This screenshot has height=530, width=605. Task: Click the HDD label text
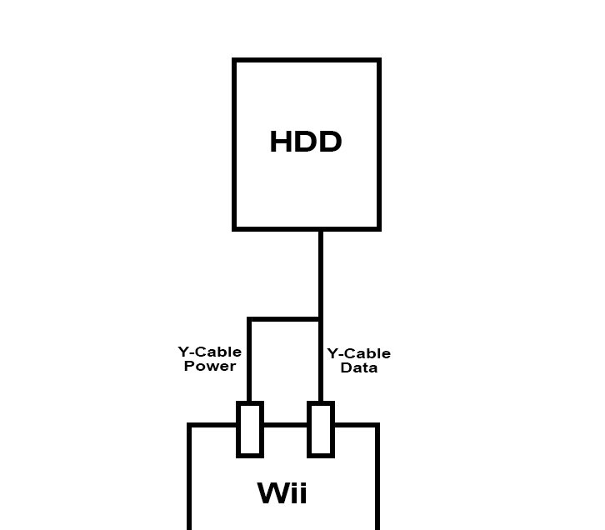point(306,142)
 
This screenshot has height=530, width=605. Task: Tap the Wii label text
point(282,492)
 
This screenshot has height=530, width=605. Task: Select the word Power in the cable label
point(210,366)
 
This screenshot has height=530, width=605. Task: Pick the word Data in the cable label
point(359,367)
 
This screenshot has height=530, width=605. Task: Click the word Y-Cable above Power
point(210,352)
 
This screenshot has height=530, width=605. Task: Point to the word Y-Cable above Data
point(359,353)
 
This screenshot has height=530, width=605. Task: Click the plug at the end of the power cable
point(250,429)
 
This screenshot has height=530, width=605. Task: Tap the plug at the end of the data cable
point(321,429)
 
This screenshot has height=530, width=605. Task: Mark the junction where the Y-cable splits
point(321,319)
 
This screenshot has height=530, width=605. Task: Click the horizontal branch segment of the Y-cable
point(285,319)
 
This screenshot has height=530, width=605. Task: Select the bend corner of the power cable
point(249,319)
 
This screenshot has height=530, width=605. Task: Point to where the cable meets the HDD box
point(321,231)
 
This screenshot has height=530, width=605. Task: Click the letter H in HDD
point(280,142)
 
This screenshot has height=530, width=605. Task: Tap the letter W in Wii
point(273,492)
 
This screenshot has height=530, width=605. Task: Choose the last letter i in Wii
point(302,492)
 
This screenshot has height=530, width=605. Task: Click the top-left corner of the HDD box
point(234,60)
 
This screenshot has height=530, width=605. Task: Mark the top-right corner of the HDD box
point(379,60)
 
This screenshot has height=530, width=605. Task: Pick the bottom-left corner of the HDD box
point(234,229)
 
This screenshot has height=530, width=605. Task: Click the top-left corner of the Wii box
point(189,425)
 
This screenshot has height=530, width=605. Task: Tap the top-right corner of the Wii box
point(377,425)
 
